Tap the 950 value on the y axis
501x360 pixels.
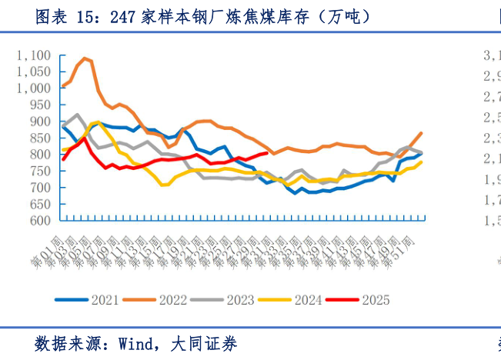pos(38,105)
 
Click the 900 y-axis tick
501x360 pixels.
pos(38,122)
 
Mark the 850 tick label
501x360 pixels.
pos(38,138)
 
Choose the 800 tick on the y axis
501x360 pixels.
pos(38,155)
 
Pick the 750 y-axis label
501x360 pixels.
pos(38,171)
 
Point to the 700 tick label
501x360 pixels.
pos(38,188)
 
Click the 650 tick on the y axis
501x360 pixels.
pos(38,204)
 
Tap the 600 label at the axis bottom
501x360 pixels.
pos(38,221)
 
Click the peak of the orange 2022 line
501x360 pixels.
pos(85,58)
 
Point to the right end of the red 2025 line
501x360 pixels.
pos(266,153)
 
